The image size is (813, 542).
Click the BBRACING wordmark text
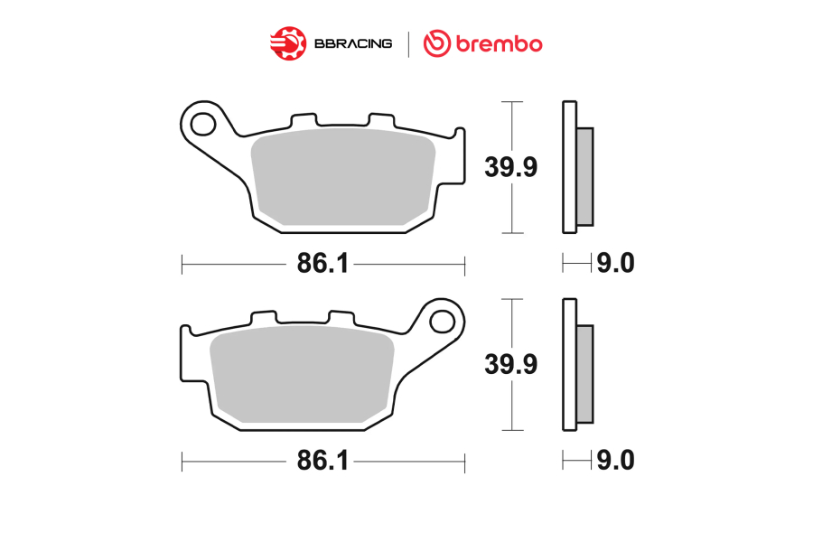coord(353,43)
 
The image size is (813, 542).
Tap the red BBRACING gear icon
coord(288,43)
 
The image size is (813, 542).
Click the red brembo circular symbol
coord(437,43)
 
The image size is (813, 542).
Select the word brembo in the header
coord(500,44)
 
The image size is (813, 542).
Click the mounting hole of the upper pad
coord(202,125)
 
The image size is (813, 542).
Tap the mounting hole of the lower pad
coord(443,322)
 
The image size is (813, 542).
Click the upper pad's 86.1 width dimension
coord(322,264)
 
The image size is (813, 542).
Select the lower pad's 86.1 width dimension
coord(322,461)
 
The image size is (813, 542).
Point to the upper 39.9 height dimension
coord(510,167)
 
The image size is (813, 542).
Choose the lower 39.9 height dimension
coord(510,364)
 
